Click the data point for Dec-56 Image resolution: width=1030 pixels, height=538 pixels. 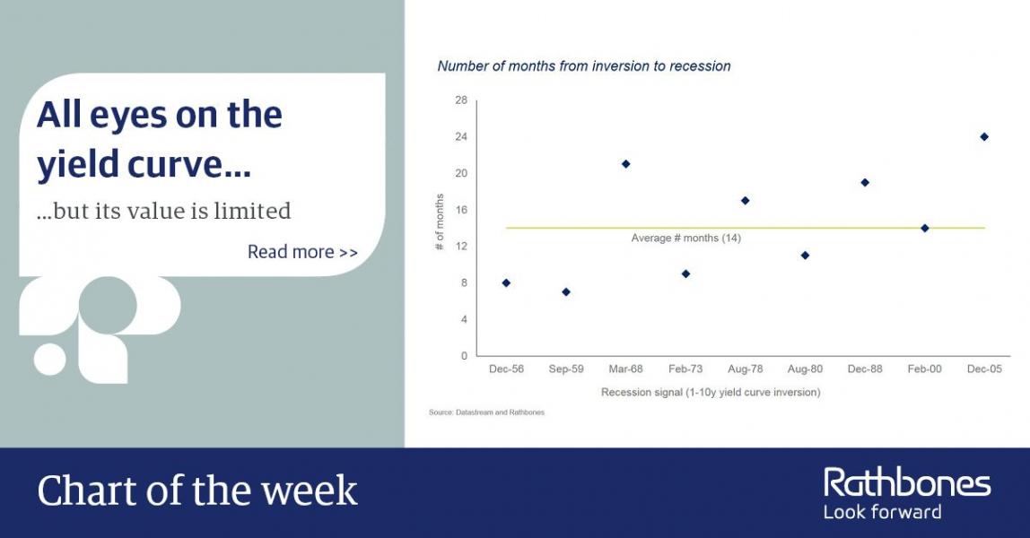click(506, 282)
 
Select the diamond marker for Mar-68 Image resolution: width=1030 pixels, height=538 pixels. click(625, 164)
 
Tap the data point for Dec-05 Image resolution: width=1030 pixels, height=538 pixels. click(984, 136)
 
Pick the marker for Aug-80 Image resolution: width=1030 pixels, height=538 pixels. click(805, 256)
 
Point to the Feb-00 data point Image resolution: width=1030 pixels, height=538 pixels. click(924, 229)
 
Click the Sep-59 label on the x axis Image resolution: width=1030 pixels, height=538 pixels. click(565, 369)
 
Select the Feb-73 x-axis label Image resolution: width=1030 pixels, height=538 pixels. click(685, 369)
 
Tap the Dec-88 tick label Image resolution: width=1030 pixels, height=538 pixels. click(865, 369)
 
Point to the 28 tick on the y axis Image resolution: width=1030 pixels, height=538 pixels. click(461, 100)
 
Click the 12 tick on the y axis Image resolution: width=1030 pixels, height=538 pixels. click(461, 246)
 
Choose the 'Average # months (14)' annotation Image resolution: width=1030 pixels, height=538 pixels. click(685, 239)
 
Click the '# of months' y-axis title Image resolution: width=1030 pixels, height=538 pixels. click(440, 221)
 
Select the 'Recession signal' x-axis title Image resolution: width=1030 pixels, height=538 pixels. click(711, 393)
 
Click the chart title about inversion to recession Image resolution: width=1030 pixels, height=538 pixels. click(584, 66)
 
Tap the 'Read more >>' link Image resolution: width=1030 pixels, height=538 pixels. click(303, 252)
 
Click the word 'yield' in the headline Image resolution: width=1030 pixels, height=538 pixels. click(77, 164)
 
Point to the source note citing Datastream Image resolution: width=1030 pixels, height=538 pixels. click(487, 412)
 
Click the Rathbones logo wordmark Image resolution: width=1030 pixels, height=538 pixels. click(907, 483)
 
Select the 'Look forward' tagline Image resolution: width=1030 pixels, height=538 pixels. click(882, 512)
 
